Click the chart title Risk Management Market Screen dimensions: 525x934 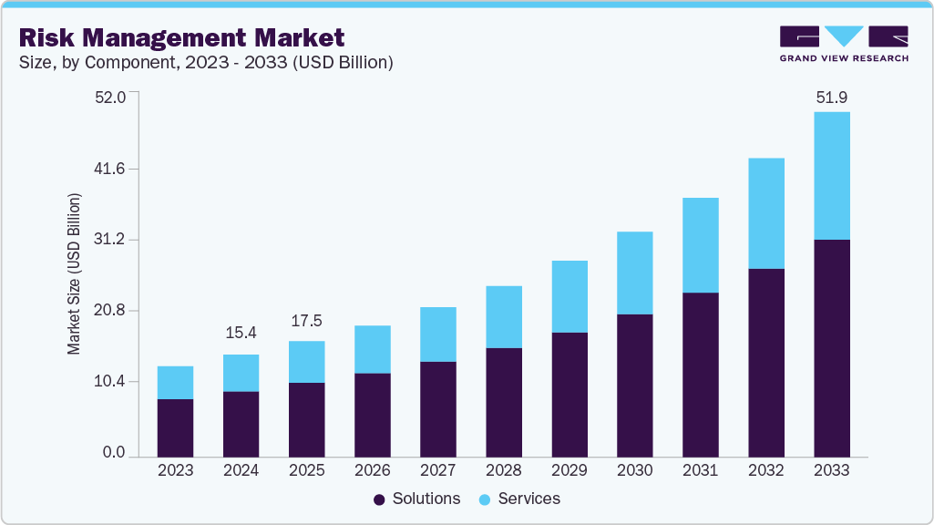click(182, 37)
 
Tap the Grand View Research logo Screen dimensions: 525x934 click(843, 43)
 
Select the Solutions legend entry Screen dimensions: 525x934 click(417, 499)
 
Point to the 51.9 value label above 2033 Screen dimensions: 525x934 click(831, 97)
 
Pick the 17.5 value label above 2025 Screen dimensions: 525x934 click(306, 321)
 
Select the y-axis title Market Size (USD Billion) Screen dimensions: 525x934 click(75, 273)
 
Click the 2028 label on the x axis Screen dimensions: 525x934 click(503, 470)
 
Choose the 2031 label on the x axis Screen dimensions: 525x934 click(700, 470)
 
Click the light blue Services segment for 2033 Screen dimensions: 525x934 click(831, 176)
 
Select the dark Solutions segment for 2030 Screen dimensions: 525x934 click(634, 386)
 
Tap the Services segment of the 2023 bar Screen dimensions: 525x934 click(175, 383)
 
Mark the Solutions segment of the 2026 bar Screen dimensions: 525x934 click(372, 415)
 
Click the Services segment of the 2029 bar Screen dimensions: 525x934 click(569, 296)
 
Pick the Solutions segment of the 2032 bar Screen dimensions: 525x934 click(765, 363)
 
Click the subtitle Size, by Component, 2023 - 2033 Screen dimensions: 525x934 click(206, 63)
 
